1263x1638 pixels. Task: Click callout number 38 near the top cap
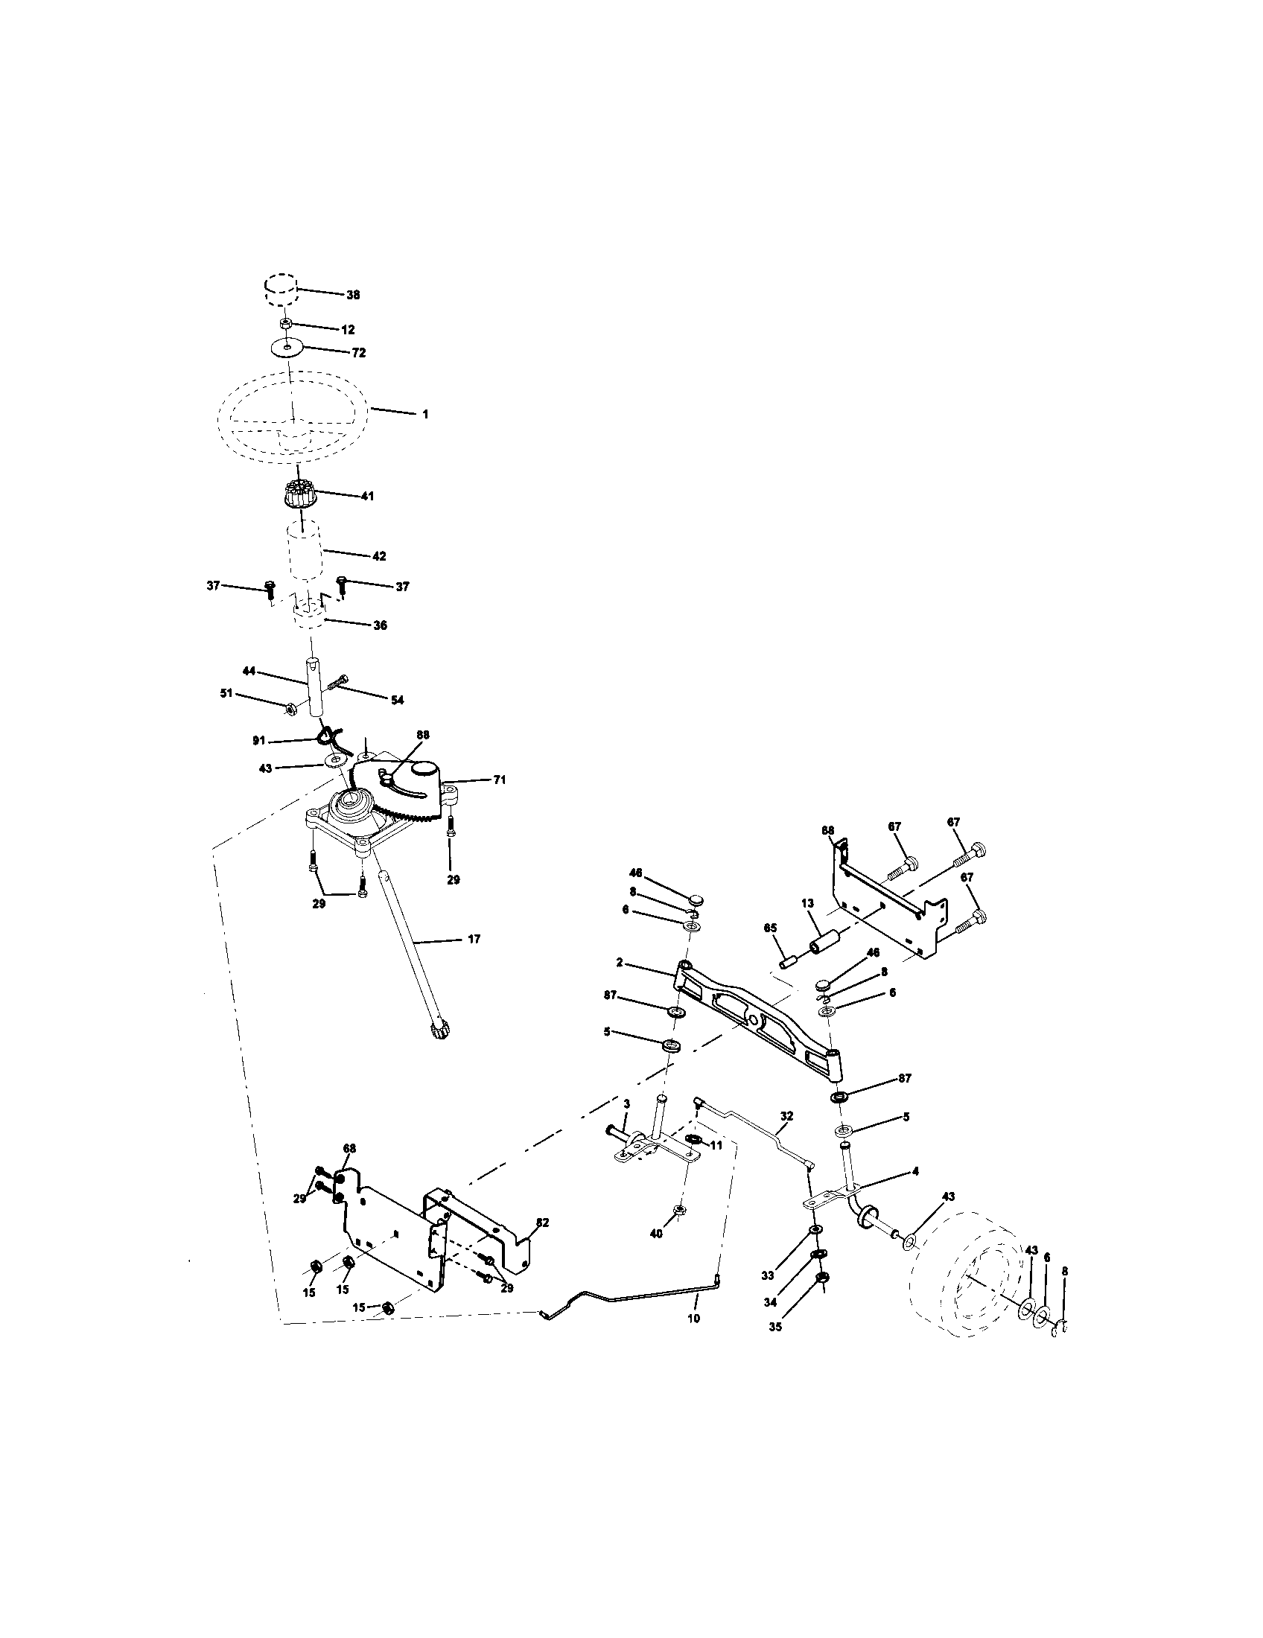pyautogui.click(x=352, y=295)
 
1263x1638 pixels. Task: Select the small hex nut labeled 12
pyautogui.click(x=285, y=323)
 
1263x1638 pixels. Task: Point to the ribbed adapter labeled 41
pyautogui.click(x=300, y=496)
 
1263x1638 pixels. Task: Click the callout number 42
pyautogui.click(x=379, y=555)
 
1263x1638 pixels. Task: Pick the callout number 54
pyautogui.click(x=397, y=700)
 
